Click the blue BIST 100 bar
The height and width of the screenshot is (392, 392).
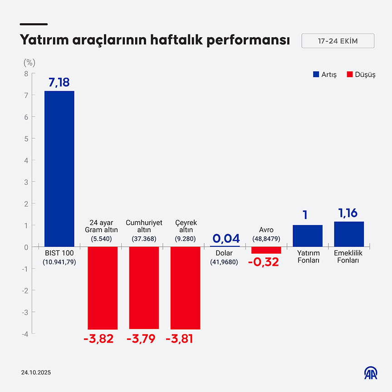point(59,169)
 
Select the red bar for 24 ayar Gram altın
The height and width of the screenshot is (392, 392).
point(103,288)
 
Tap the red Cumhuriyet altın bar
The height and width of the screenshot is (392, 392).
point(144,288)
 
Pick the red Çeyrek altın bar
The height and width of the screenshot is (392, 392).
point(185,288)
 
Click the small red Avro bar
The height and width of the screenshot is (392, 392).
point(266,250)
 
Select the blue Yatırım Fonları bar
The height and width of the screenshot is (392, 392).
point(308,236)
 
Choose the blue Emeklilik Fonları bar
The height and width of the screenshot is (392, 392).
point(349,234)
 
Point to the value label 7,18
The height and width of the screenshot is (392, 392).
point(59,82)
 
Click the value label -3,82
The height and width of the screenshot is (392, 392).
point(98,339)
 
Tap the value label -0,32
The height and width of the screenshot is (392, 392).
point(264,262)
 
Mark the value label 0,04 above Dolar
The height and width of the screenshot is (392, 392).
point(226,238)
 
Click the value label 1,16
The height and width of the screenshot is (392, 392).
point(349,213)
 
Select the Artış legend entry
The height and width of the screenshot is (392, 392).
point(325,75)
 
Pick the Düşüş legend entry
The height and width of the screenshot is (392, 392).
point(361,75)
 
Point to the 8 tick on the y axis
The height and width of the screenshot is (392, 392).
point(26,73)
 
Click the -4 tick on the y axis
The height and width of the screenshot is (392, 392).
point(25,334)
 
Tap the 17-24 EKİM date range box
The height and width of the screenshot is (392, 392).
point(338,41)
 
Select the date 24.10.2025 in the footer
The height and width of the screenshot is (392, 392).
point(36,372)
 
